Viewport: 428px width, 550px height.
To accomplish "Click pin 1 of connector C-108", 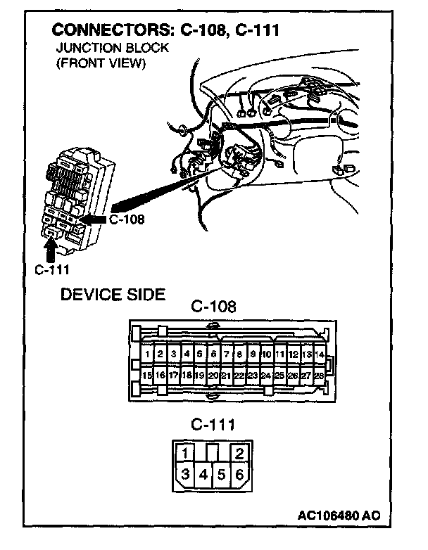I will click(x=147, y=354).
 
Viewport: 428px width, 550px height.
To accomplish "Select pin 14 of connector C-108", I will click(x=320, y=354).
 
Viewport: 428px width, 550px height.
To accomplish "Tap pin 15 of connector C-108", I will click(x=147, y=376).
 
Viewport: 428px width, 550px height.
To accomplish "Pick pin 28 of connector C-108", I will click(x=320, y=376).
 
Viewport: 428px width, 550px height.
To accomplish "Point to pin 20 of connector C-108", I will click(x=213, y=376).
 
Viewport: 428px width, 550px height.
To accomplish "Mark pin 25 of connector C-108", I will click(x=279, y=376).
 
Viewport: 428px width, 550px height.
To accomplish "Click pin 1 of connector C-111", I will click(x=184, y=453).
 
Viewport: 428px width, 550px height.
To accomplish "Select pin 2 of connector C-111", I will click(x=239, y=453).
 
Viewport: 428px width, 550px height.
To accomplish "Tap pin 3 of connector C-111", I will click(x=184, y=475).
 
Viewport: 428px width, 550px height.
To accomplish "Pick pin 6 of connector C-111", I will click(x=239, y=475).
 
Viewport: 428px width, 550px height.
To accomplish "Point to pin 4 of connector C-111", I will click(x=203, y=475).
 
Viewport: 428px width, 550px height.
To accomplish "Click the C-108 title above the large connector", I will click(x=213, y=307).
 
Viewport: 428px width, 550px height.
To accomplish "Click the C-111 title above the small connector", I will click(x=213, y=425).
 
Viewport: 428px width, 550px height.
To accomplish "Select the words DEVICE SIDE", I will click(x=113, y=295).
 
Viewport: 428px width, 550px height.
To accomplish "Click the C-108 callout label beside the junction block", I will click(x=127, y=219).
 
